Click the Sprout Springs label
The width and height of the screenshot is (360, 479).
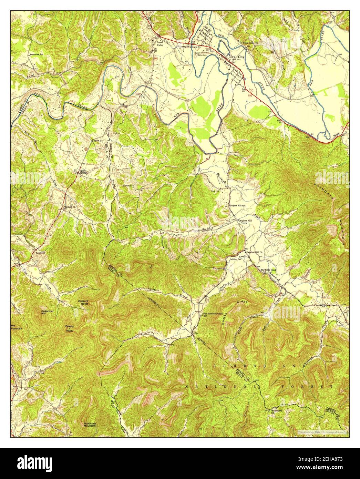(83, 171)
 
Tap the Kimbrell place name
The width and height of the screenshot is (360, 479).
(41, 252)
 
